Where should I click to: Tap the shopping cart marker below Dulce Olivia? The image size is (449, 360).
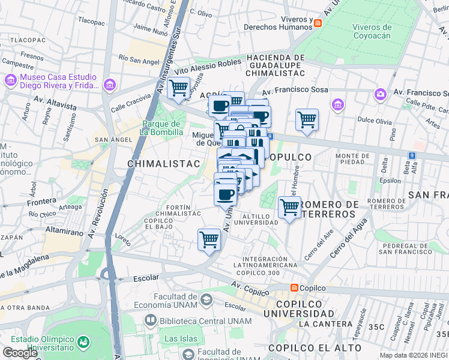coord(307,119)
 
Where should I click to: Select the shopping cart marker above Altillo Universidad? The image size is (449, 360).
coord(290,208)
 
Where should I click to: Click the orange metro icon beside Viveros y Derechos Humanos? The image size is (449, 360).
coord(318,23)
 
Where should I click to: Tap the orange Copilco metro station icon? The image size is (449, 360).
coord(294,289)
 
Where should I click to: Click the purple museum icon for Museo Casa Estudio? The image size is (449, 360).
coord(11,80)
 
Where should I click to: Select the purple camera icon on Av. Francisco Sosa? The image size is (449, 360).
coord(380,94)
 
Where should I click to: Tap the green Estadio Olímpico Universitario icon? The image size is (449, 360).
coord(83,342)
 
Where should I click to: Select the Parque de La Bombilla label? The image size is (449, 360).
coord(161,128)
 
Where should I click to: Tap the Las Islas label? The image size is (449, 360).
coord(181,338)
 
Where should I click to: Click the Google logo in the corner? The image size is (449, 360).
coord(20,352)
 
